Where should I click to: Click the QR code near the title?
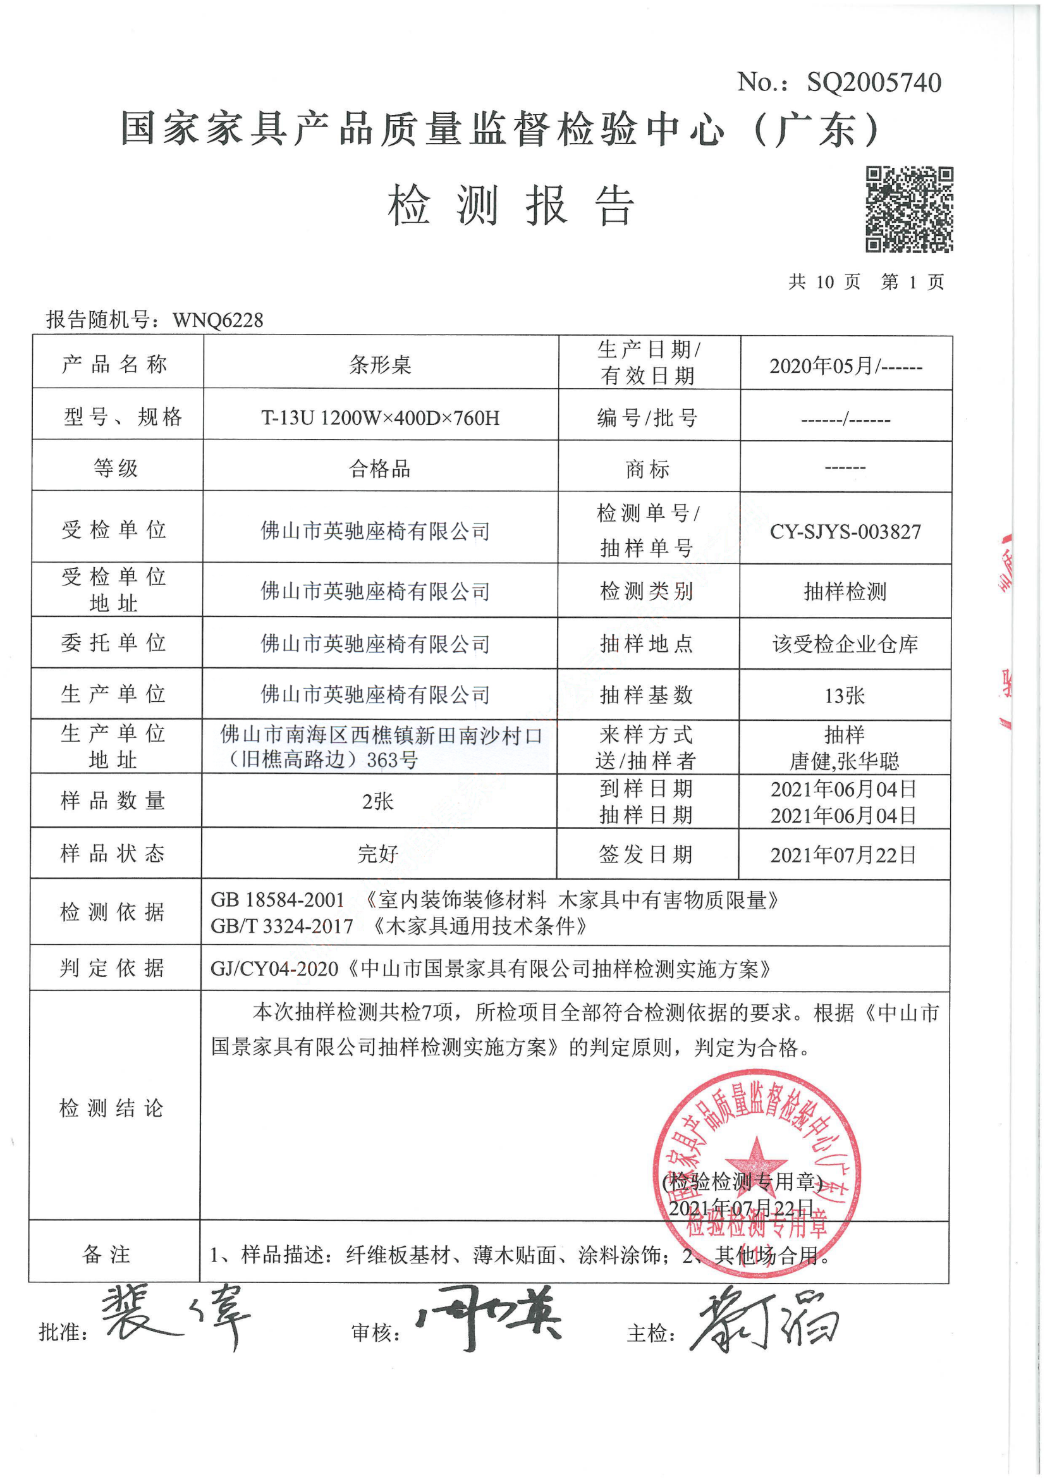point(908,209)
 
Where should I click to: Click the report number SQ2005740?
point(874,82)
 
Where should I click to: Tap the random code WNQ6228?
point(217,320)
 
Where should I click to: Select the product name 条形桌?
point(380,365)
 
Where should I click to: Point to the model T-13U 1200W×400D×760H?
point(380,418)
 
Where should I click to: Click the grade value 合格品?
point(380,469)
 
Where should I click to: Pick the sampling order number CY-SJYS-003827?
point(845,531)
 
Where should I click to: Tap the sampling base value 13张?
point(845,696)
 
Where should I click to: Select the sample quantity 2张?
point(378,801)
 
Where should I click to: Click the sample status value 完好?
point(378,854)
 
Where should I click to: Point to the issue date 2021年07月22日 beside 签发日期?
point(843,856)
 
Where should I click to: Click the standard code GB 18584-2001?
point(278,900)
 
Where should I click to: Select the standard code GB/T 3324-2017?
point(282,926)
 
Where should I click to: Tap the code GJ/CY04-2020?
point(274,969)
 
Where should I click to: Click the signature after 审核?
point(489,1317)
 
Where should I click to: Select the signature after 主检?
point(766,1317)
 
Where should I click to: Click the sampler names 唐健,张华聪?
point(844,761)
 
